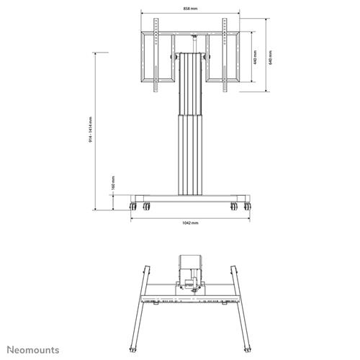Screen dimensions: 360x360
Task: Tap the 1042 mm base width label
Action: click(x=190, y=222)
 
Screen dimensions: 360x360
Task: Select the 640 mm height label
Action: click(x=270, y=58)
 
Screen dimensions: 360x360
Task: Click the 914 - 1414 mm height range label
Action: click(x=91, y=130)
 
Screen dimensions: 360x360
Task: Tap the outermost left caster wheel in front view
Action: click(x=132, y=207)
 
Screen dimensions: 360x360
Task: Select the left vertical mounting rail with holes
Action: click(x=156, y=54)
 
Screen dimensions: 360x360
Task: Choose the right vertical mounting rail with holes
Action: click(x=225, y=54)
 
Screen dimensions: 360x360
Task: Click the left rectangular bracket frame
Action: click(x=156, y=58)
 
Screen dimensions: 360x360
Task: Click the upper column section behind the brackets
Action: click(x=190, y=79)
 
